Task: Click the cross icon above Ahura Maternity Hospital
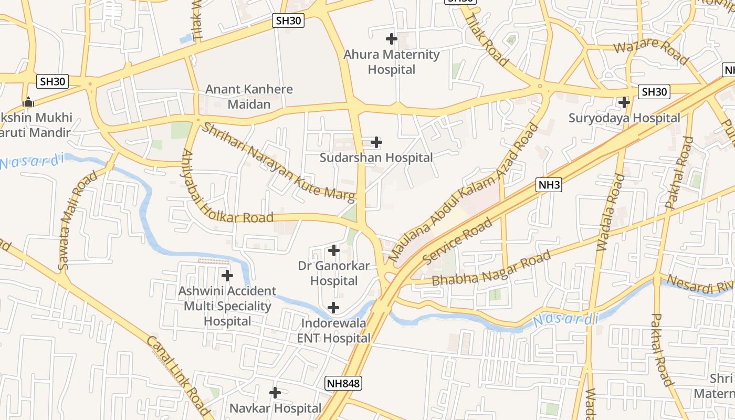391,38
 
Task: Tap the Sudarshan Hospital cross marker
376,142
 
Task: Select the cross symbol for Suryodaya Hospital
624,102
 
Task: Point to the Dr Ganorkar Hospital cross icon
334,250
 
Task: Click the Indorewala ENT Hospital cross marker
333,308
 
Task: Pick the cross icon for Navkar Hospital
275,393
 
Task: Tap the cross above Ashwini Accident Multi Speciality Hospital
227,275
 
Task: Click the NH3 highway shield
549,184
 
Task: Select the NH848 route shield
343,383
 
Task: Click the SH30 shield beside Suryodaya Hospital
654,92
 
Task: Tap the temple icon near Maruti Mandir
28,102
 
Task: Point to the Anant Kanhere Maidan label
249,97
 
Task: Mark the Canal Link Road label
177,377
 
